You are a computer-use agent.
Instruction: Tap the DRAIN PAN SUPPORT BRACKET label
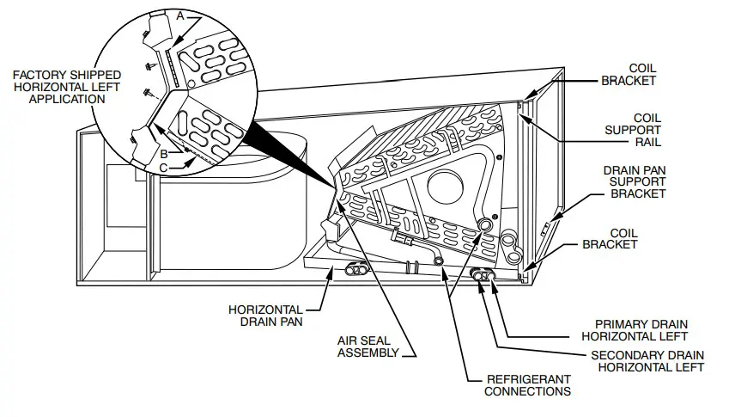[638, 181]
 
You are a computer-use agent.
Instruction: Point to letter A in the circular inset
[179, 16]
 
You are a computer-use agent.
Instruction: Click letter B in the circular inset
[162, 152]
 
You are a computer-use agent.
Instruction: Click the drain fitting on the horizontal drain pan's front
[353, 270]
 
